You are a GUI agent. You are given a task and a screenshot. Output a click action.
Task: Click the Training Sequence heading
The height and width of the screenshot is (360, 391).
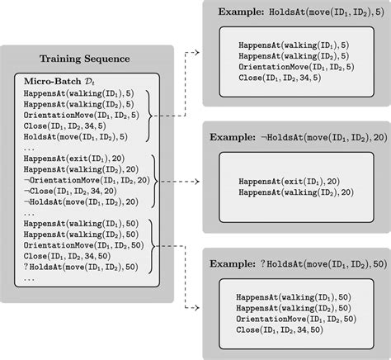90,59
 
